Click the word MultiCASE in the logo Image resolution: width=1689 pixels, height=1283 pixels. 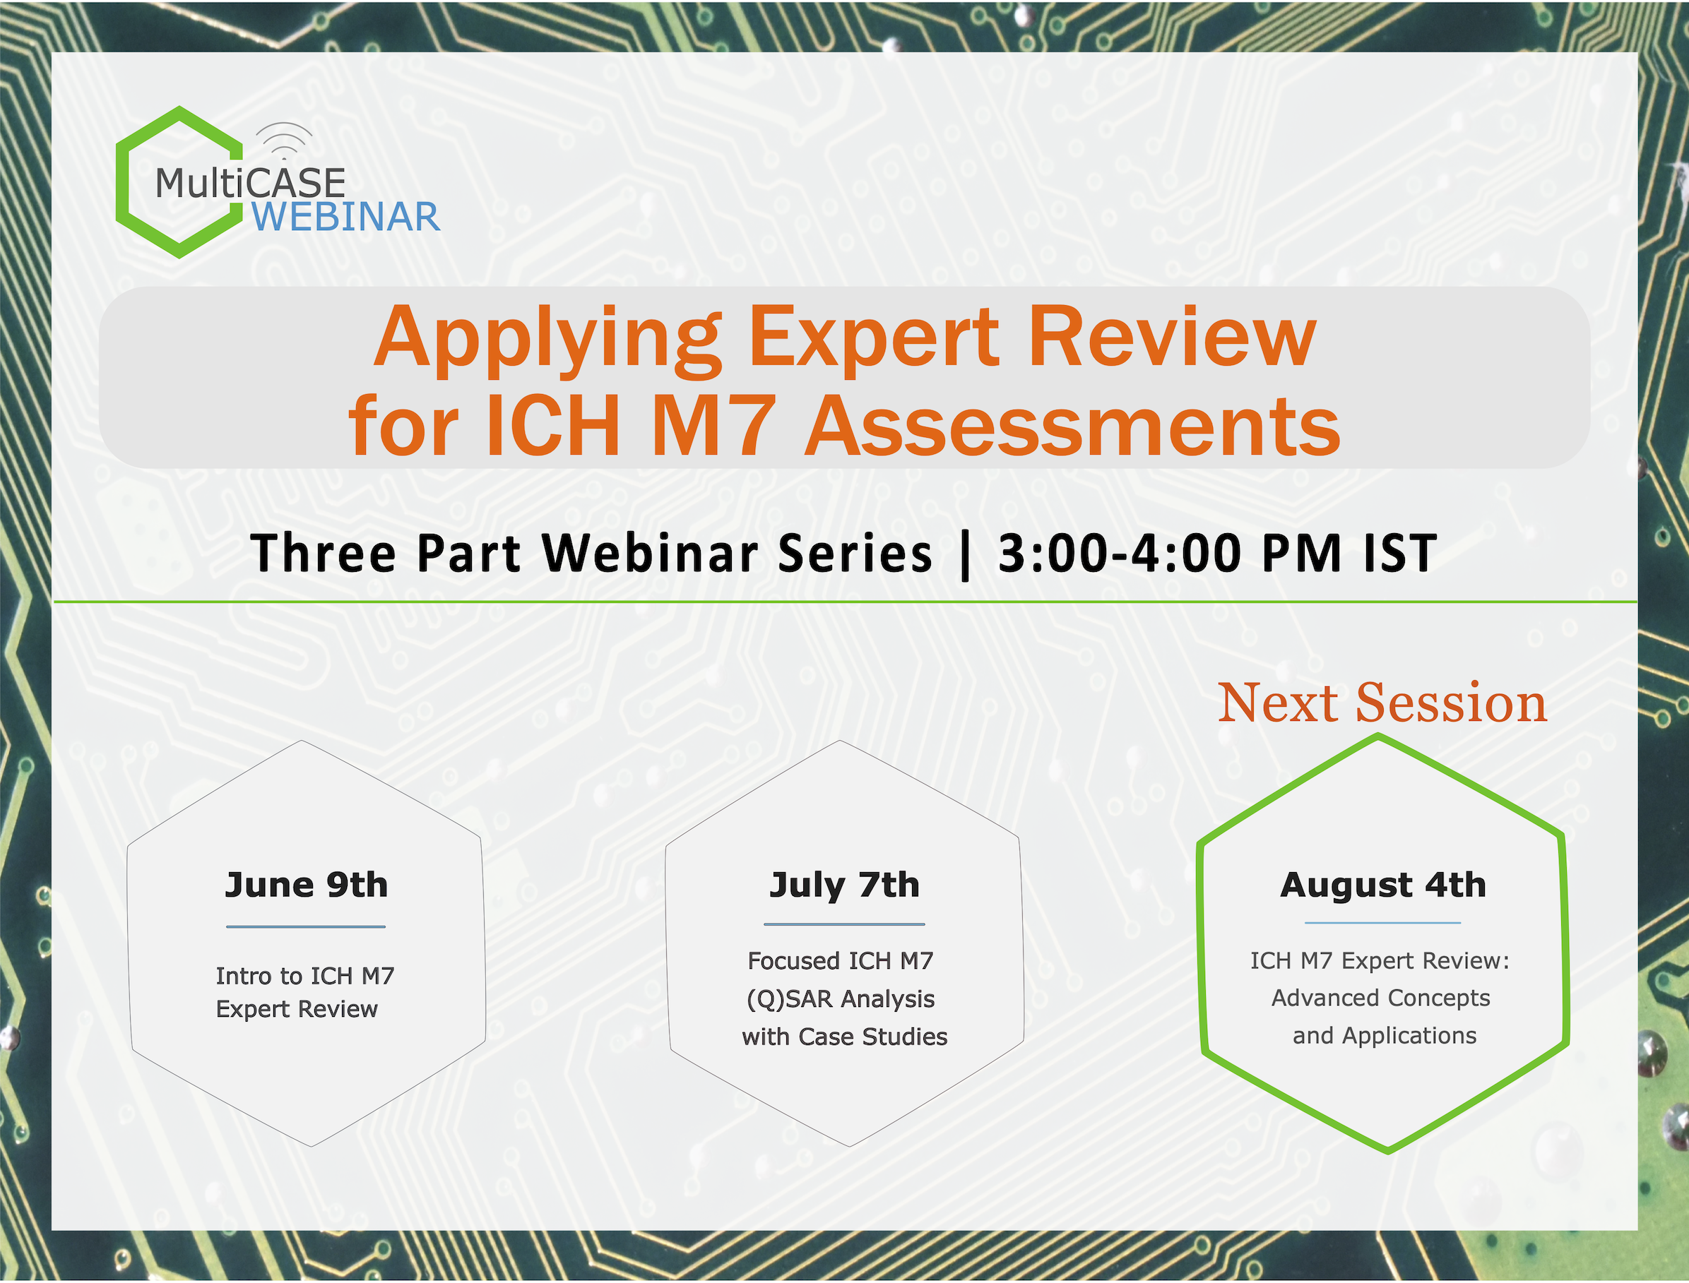click(x=251, y=184)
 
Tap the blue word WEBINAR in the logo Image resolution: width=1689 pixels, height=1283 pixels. click(x=346, y=217)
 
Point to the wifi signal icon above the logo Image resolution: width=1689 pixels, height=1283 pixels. click(x=283, y=141)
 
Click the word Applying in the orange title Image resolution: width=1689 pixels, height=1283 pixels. click(x=547, y=339)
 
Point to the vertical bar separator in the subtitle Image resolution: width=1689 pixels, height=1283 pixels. click(x=965, y=556)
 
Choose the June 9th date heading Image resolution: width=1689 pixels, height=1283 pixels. click(x=307, y=885)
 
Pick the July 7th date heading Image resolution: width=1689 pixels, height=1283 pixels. click(x=844, y=886)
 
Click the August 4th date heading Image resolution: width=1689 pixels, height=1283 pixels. click(x=1383, y=886)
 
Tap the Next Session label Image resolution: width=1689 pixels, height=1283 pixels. click(x=1382, y=703)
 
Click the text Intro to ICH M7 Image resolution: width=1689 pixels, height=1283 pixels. click(x=304, y=976)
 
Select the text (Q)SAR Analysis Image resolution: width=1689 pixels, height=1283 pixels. click(x=841, y=999)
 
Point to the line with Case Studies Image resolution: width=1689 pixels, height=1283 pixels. click(x=844, y=1037)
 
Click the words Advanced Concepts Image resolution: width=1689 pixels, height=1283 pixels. click(x=1381, y=998)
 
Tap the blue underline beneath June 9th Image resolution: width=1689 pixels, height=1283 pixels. click(x=306, y=927)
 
